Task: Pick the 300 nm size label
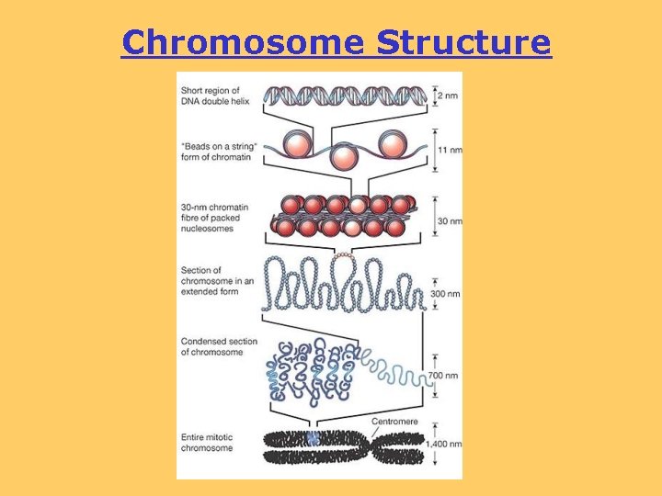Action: [x=443, y=295]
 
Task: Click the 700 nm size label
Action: [x=443, y=377]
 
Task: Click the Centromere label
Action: [x=395, y=422]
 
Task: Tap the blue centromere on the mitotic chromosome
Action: [x=314, y=439]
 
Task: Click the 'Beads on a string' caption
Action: [x=217, y=152]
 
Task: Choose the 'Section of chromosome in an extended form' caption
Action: [x=211, y=281]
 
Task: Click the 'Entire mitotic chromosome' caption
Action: [x=207, y=444]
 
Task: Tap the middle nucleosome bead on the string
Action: [x=342, y=156]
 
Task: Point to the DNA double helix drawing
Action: [x=346, y=95]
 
